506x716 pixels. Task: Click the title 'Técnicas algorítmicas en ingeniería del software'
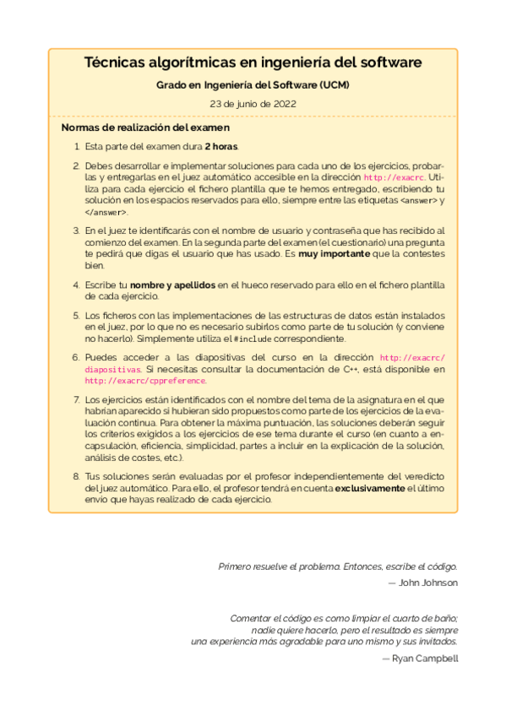click(x=253, y=63)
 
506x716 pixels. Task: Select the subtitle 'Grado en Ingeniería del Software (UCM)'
click(x=253, y=86)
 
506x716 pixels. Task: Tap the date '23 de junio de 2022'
click(x=253, y=104)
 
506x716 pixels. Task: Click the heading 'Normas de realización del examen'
click(x=145, y=128)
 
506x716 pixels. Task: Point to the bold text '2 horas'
click(x=221, y=147)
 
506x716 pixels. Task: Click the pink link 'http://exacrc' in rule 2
click(x=394, y=178)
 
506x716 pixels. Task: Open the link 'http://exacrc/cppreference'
click(x=145, y=381)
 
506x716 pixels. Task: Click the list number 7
click(x=76, y=399)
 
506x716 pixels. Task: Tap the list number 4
click(x=76, y=285)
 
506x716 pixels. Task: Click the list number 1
click(x=76, y=147)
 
